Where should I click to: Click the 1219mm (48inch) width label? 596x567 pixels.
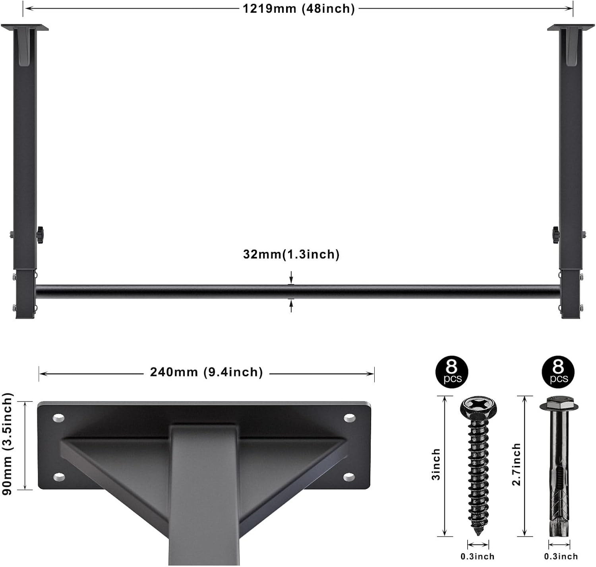click(298, 8)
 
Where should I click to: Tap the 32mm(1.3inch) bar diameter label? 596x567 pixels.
click(291, 254)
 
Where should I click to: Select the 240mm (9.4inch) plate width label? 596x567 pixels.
click(206, 372)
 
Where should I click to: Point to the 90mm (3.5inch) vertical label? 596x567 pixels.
click(8, 444)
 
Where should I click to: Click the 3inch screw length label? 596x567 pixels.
click(436, 464)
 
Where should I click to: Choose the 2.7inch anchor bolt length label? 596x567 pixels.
click(516, 464)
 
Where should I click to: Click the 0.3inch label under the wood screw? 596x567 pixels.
click(477, 556)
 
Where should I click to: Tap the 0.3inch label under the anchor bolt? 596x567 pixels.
click(561, 556)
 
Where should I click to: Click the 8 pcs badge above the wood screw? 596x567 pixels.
click(452, 372)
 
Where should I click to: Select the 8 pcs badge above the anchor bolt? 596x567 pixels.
click(558, 372)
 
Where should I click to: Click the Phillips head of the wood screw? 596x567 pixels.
click(478, 407)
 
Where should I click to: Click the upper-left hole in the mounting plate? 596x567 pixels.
click(59, 418)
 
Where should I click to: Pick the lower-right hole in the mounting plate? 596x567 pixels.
click(349, 476)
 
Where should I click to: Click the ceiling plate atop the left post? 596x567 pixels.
click(25, 27)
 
